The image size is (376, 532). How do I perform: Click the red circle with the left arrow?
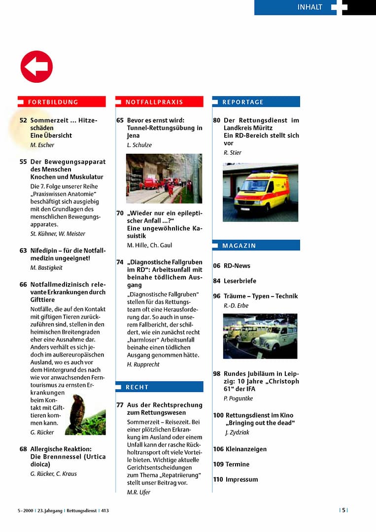point(36,66)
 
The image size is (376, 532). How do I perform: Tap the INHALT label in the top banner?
point(309,7)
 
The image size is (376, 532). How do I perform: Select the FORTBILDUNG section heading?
point(53,102)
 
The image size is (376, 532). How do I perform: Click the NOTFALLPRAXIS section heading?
point(154,102)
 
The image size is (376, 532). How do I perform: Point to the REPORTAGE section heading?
point(243,102)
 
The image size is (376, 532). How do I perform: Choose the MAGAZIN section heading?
point(239,245)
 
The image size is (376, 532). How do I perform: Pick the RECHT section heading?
point(137,387)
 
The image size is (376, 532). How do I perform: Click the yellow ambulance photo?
point(260,192)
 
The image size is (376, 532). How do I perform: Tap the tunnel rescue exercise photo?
point(164,178)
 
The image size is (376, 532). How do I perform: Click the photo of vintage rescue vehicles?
point(260,336)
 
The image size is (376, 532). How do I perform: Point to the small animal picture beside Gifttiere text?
point(85,414)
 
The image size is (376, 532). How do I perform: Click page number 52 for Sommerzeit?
point(23,120)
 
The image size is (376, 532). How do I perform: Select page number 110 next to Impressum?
point(218,479)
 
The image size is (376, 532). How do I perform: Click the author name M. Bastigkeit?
point(46,267)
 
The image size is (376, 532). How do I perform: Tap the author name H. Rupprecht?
point(143,365)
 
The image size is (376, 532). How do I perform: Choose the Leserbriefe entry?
point(240,281)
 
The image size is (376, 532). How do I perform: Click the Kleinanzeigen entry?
point(246,449)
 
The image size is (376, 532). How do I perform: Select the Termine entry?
point(238,464)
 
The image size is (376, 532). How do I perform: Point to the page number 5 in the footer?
point(344,510)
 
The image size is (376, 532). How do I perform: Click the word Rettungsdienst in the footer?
point(82,511)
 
